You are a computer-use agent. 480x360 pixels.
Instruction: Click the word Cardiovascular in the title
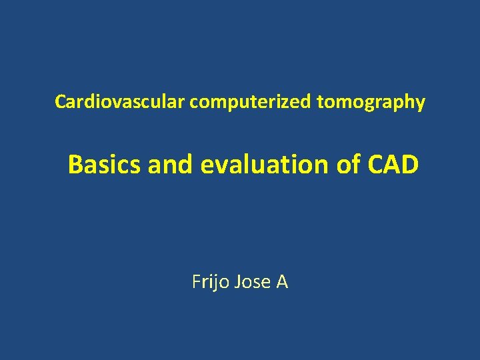click(x=120, y=102)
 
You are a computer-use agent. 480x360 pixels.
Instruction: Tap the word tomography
click(x=371, y=102)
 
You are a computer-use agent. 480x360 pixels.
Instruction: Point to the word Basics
click(x=105, y=164)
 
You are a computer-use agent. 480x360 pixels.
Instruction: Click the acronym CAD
click(x=393, y=164)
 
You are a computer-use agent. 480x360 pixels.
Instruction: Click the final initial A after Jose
click(x=282, y=282)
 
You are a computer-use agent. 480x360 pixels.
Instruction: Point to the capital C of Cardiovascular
click(x=60, y=102)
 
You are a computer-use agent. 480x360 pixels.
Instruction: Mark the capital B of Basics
click(x=75, y=164)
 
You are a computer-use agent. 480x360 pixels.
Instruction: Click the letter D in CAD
click(x=410, y=164)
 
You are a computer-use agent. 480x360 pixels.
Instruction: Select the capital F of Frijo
click(x=196, y=282)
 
